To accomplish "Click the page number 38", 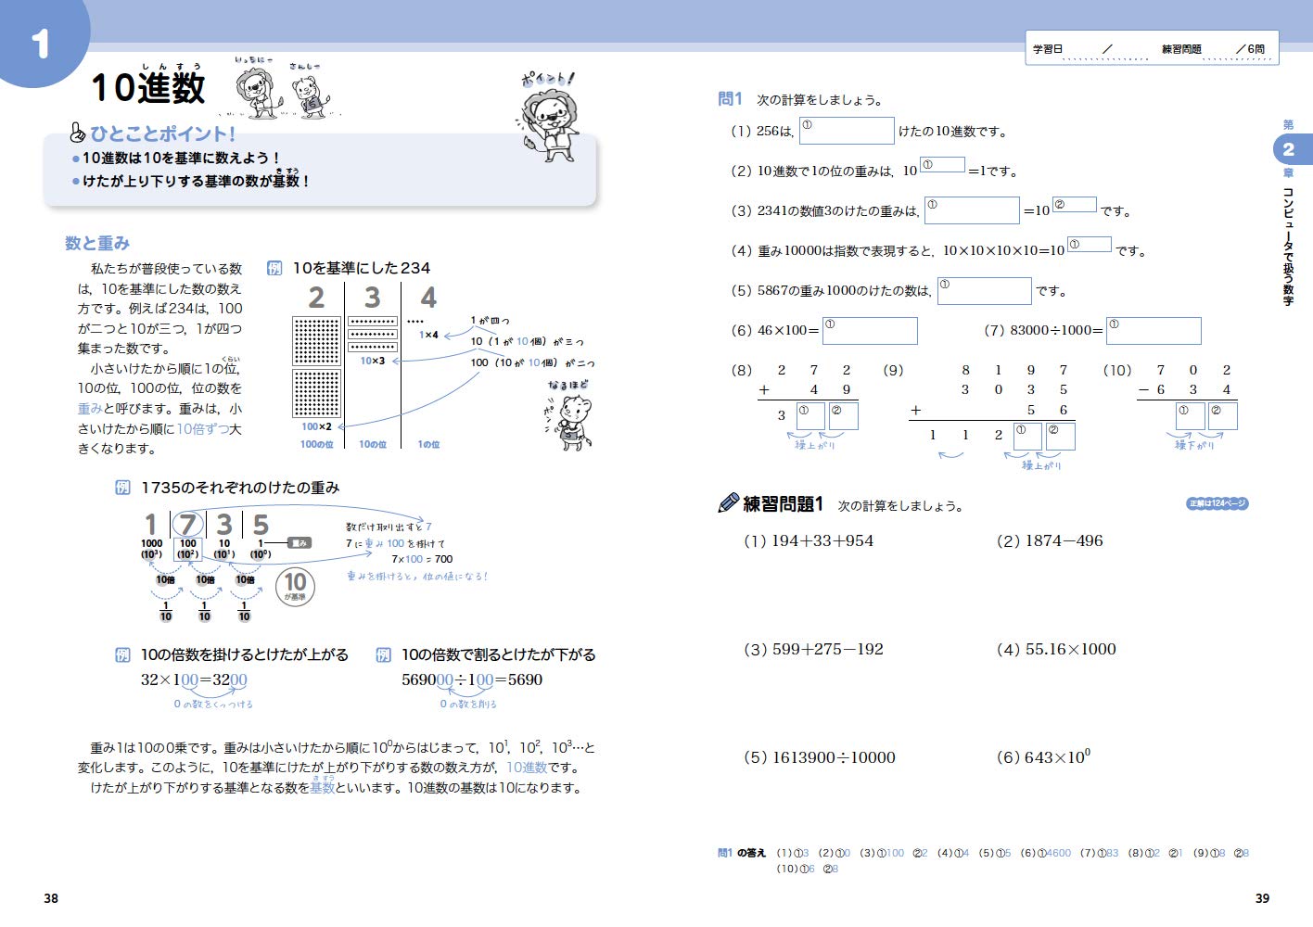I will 51,898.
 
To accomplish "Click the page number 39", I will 1262,898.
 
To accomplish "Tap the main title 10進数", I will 148,88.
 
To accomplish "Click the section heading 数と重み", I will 97,243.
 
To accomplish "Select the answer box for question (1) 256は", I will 847,131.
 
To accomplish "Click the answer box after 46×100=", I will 870,331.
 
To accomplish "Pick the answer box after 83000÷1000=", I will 1154,331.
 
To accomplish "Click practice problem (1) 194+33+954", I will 809,540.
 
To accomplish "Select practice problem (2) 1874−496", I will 1050,540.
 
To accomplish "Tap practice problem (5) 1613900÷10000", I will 820,757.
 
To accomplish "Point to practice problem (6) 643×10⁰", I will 1043,757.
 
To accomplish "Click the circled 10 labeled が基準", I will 295,585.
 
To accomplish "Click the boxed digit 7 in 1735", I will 188,525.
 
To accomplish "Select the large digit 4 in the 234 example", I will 428,298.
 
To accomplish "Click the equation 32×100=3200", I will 194,679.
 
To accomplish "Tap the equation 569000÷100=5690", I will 472,679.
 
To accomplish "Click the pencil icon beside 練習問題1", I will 729,503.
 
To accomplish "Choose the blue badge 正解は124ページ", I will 1217,503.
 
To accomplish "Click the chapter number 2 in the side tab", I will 1288,149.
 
